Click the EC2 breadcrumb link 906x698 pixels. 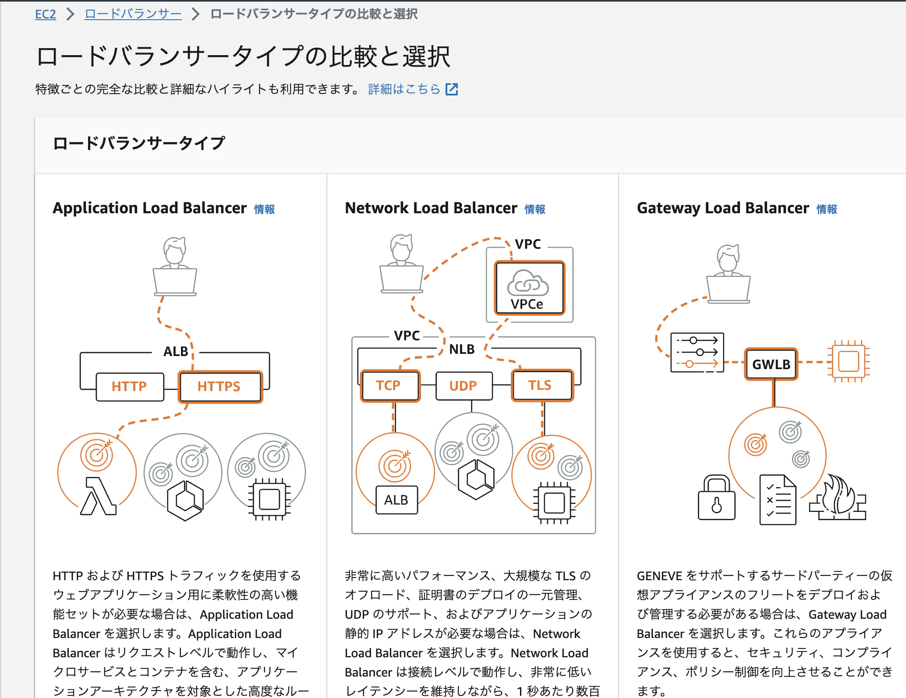(46, 14)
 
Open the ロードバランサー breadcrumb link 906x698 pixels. (133, 14)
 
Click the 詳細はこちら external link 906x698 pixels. (413, 89)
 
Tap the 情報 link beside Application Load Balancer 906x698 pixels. (265, 209)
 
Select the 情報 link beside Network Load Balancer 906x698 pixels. (535, 209)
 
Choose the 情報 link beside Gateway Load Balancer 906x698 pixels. (827, 209)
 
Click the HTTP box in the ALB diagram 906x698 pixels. (130, 387)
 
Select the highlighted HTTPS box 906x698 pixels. (220, 387)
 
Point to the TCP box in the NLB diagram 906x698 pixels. (389, 385)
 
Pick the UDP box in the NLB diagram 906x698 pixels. (464, 386)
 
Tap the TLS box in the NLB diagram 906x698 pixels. (542, 385)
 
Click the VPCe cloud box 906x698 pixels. (529, 288)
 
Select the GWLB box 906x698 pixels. (771, 364)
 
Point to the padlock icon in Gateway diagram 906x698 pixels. (717, 497)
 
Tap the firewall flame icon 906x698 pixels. (837, 497)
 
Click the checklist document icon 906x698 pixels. (778, 499)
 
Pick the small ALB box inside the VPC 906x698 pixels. (396, 500)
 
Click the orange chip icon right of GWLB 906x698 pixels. (849, 362)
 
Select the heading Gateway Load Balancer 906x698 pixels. (723, 208)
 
